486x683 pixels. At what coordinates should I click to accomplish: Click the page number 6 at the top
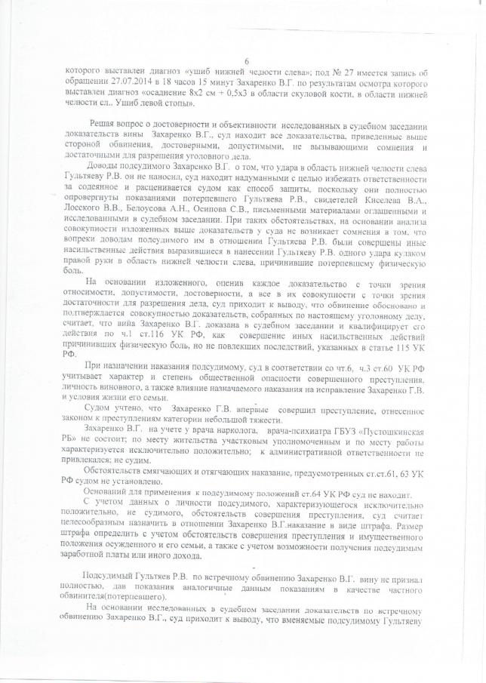point(246,61)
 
